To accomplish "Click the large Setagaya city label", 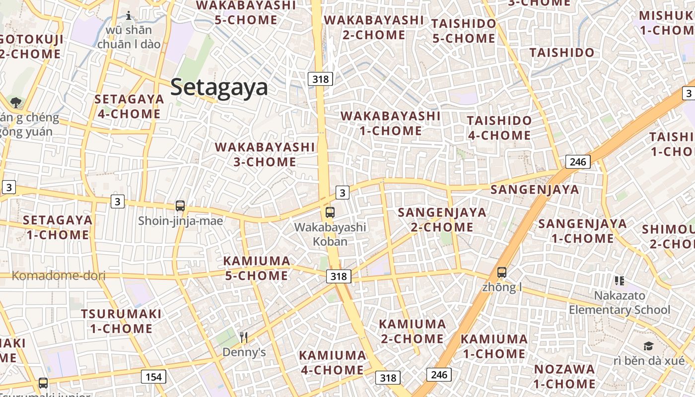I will [x=219, y=87].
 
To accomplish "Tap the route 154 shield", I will [x=153, y=377].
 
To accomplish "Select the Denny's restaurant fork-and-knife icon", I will [x=243, y=337].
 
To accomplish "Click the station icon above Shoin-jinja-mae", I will [x=180, y=205].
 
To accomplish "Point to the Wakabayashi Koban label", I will [x=330, y=234].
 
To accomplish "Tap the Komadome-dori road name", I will [x=59, y=275].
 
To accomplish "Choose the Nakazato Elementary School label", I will [x=621, y=303].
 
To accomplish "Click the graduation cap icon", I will [x=648, y=346].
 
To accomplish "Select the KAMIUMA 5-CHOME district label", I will [x=257, y=268].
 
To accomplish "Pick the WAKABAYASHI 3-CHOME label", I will [x=265, y=154].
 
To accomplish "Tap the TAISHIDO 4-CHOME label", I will [x=499, y=128].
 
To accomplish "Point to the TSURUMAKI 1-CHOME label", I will [x=121, y=321].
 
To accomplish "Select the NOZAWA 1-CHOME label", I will [x=564, y=376].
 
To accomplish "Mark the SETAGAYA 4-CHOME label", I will [x=129, y=106].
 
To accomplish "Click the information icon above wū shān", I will [x=129, y=15].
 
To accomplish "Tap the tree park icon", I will [x=16, y=103].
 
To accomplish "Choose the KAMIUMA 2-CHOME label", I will [x=412, y=331].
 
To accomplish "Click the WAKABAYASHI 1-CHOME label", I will [x=390, y=123].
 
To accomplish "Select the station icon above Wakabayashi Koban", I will [x=330, y=212].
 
